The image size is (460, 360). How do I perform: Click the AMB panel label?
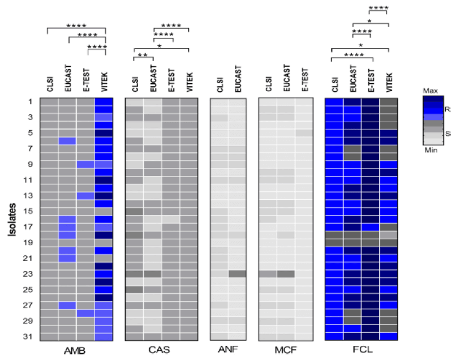76,351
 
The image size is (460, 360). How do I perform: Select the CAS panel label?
161,351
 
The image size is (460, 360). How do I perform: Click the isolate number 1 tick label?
30,102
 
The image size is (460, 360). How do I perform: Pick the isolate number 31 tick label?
29,337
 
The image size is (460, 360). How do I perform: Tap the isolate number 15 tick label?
29,211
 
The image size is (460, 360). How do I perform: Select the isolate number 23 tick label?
29,274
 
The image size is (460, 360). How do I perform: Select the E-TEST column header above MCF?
304,82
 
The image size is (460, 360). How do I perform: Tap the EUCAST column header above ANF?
237,80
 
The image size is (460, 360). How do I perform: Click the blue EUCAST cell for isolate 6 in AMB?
67,141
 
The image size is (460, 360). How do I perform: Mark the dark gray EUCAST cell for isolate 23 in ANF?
237,274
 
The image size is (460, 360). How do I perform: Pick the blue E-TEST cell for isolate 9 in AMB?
85,164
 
